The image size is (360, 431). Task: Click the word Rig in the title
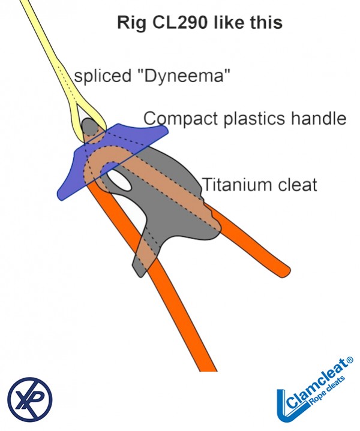[129, 24]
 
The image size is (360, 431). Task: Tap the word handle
[321, 118]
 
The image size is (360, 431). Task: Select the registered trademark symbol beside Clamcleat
[350, 360]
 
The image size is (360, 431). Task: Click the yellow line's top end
[24, 3]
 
